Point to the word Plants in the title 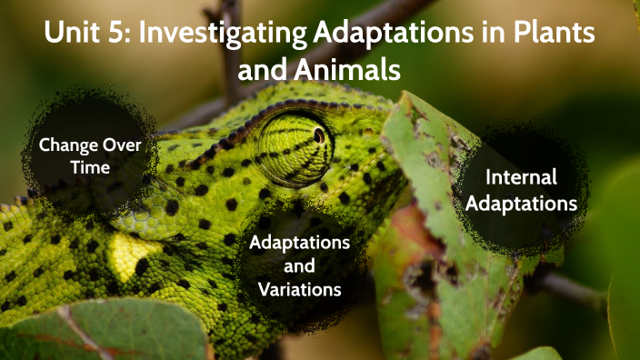[554, 36]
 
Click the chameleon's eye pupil [319, 135]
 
